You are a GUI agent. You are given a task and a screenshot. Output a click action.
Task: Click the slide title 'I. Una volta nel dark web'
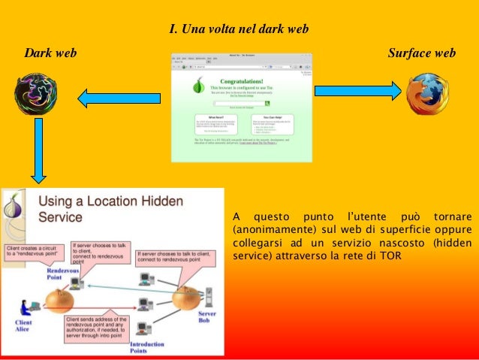click(239, 29)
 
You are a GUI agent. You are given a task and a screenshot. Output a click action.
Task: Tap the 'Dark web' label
click(50, 53)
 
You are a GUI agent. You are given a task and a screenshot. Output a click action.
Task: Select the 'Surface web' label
click(421, 53)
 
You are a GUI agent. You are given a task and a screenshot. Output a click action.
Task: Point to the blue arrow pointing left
click(119, 95)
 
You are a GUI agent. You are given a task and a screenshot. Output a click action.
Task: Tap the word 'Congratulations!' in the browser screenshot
click(241, 81)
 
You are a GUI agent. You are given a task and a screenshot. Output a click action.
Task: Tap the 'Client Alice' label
click(23, 325)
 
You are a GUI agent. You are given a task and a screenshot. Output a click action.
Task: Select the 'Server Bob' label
click(206, 316)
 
